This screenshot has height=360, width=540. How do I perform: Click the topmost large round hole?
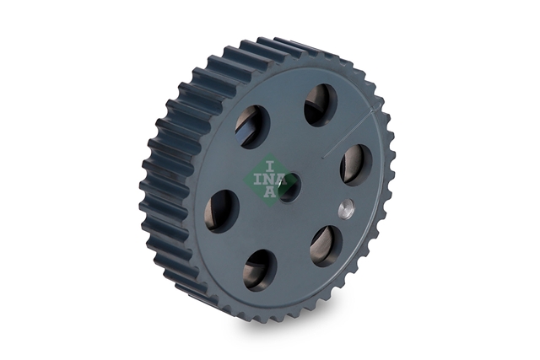(321, 105)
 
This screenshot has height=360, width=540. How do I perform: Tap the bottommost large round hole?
(260, 270)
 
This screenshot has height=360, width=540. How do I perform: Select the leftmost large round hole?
(222, 211)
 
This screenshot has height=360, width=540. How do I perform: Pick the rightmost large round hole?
(356, 165)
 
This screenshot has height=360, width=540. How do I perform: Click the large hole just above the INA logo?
(252, 126)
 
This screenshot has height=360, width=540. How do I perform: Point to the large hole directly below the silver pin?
(327, 246)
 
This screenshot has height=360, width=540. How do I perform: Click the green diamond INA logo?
(270, 180)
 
